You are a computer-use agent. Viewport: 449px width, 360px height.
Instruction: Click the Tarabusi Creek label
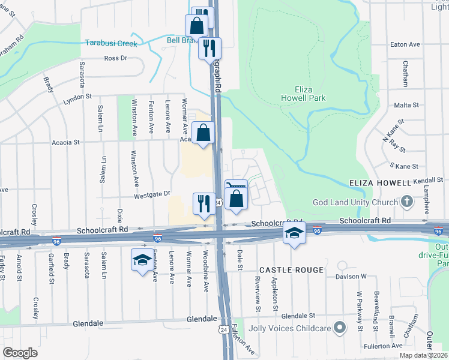110,44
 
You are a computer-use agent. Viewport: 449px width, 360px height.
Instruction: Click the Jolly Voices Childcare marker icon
340,328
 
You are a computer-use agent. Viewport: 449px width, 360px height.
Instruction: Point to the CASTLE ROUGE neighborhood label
291,271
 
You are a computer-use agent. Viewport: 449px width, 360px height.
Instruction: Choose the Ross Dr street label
115,58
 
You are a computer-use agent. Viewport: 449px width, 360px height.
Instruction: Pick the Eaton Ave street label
405,44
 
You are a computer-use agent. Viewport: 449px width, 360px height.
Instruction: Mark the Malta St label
406,105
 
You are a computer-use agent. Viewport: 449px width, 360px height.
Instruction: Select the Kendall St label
427,179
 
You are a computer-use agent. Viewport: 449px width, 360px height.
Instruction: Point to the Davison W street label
355,276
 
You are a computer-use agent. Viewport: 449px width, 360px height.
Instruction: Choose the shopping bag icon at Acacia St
203,131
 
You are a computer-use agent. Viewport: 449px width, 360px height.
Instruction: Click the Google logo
20,353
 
